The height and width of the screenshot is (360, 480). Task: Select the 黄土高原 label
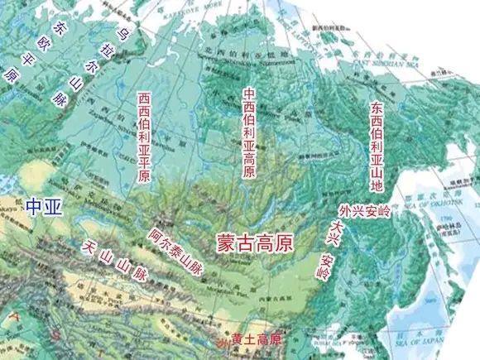click(257, 339)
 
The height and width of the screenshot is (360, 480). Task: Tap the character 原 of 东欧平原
click(12, 75)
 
